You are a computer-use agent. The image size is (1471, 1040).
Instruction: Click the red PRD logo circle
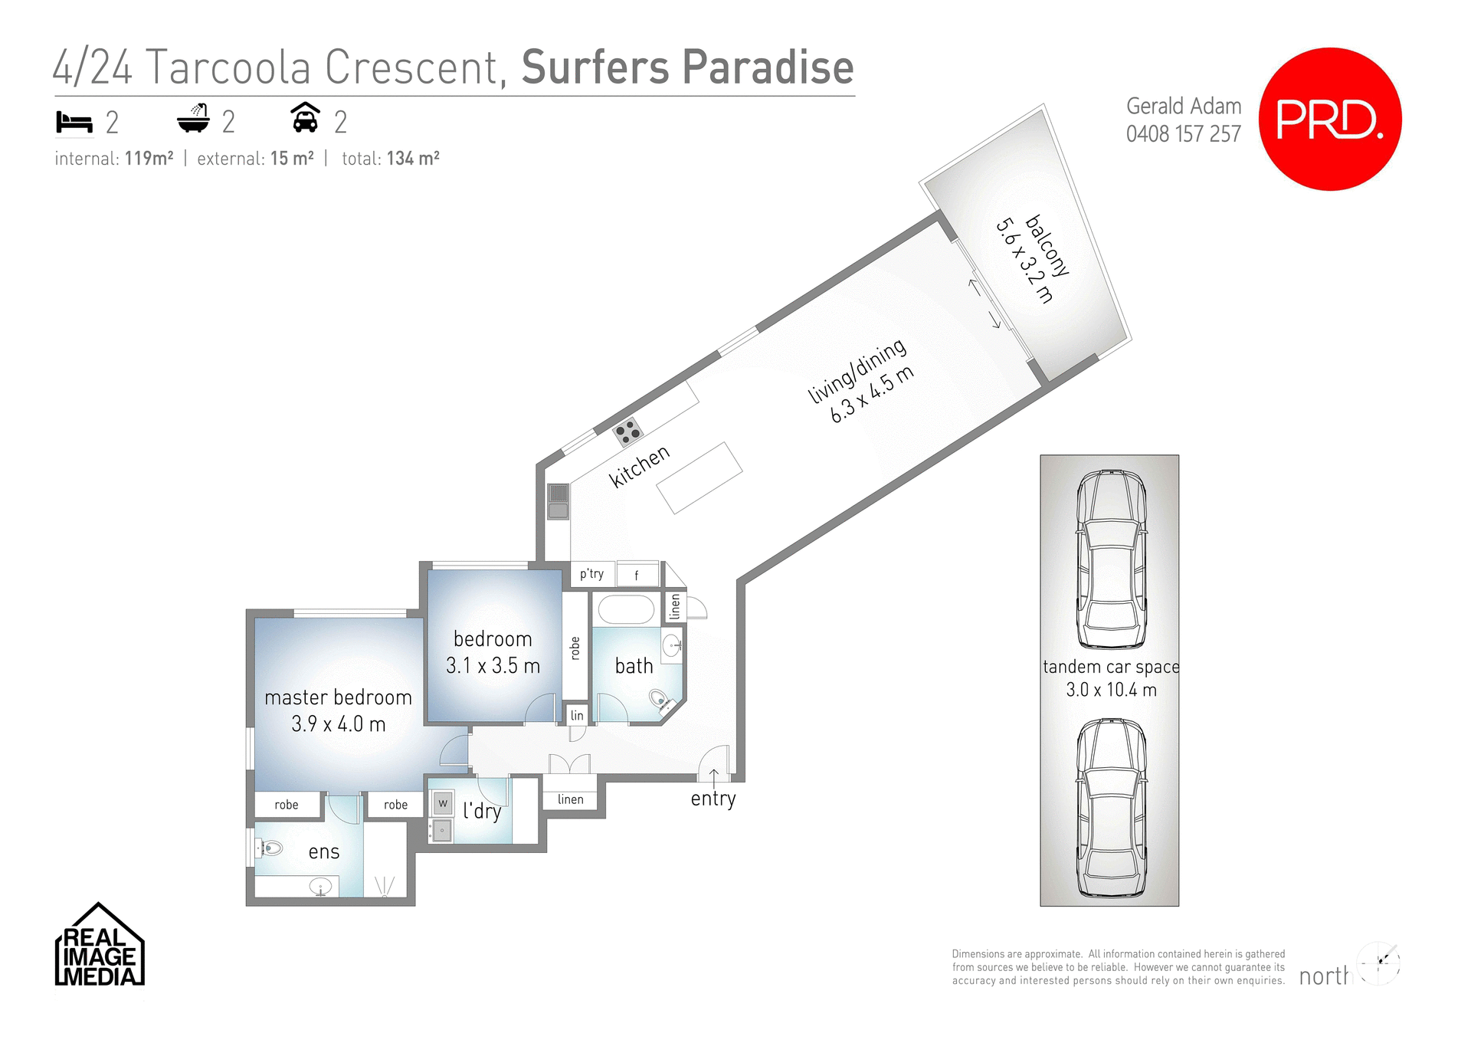click(1330, 119)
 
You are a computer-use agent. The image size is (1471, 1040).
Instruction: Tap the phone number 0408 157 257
click(1183, 134)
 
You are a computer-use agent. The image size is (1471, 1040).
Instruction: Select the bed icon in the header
click(74, 122)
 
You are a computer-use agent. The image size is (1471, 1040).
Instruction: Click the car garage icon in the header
click(305, 118)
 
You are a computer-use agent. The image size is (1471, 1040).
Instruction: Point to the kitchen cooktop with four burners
click(628, 431)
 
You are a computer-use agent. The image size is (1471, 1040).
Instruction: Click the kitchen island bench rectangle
click(699, 478)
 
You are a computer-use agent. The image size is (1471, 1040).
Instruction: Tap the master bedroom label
click(338, 697)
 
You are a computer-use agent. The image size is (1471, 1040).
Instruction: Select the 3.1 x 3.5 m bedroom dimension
click(493, 665)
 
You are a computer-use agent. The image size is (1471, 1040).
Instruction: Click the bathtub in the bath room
click(626, 610)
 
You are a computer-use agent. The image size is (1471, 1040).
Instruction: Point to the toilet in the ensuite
click(270, 848)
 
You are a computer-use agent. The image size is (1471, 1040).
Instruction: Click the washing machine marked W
click(442, 803)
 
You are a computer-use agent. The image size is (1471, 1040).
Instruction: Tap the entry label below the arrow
click(713, 799)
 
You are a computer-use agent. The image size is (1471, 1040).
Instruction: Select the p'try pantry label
click(591, 573)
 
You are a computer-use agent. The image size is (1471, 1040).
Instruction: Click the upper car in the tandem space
click(1111, 559)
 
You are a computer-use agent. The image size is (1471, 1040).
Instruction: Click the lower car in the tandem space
click(1111, 808)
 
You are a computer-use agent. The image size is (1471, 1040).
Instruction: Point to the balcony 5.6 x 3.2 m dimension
click(1024, 261)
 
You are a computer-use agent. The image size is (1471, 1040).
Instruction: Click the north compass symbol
click(1378, 963)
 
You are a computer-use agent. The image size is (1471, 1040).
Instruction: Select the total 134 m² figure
click(412, 159)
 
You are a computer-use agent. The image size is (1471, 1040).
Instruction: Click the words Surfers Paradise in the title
click(687, 67)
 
